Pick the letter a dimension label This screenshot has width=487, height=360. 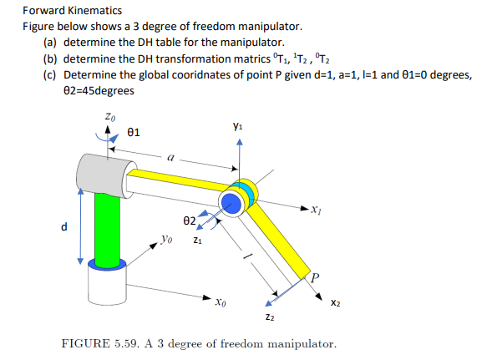click(x=170, y=155)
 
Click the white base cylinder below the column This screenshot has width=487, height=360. click(x=105, y=284)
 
